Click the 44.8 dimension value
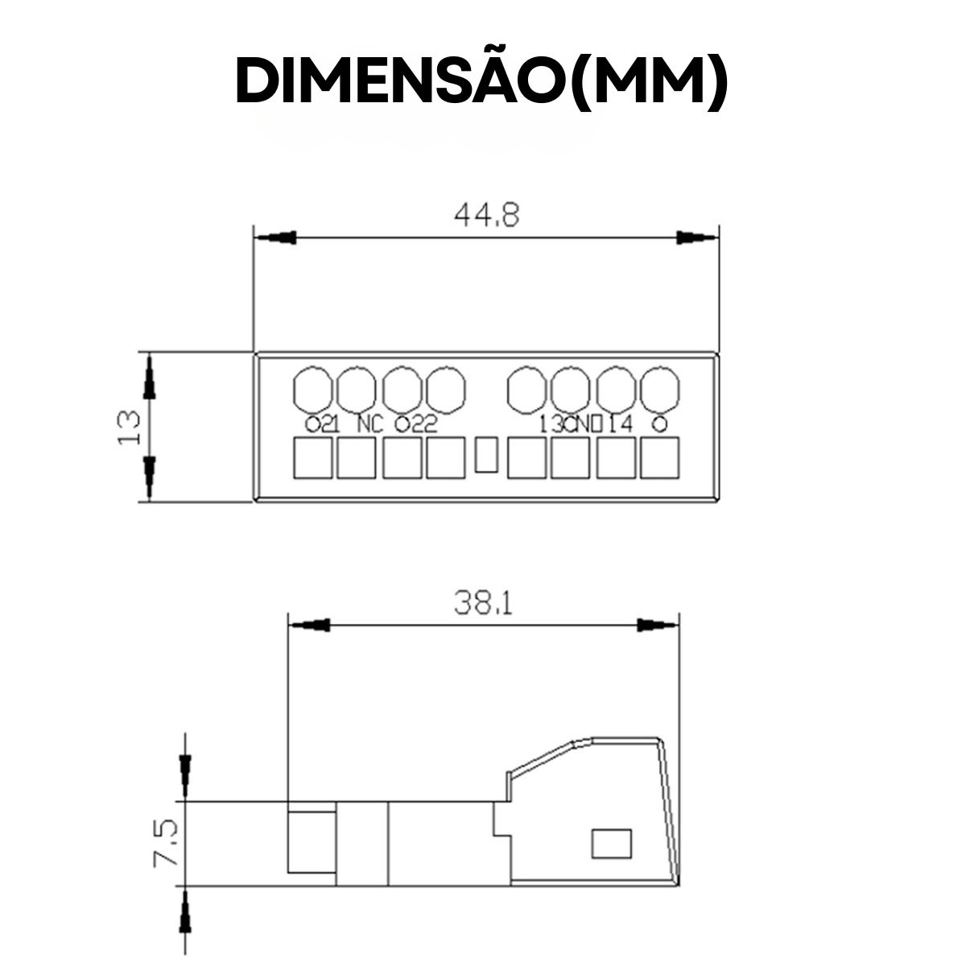pos(487,216)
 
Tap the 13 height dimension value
pos(129,427)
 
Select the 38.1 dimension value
pos(482,603)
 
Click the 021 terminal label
pos(322,424)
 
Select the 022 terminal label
pos(415,424)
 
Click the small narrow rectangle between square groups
pos(487,455)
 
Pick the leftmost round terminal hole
pos(312,388)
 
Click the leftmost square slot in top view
pos(312,458)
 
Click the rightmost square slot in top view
pos(659,458)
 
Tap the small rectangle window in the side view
pos(612,843)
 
